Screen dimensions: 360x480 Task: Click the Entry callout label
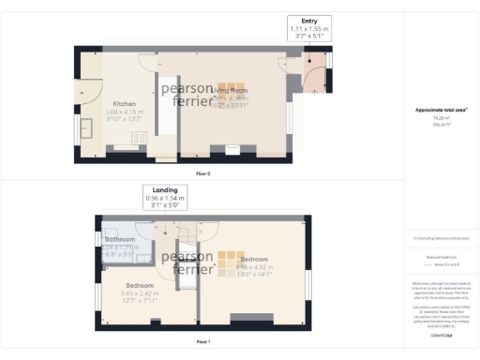point(309,21)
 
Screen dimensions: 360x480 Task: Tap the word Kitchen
point(127,103)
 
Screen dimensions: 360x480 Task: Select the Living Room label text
point(233,88)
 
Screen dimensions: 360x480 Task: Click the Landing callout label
point(165,190)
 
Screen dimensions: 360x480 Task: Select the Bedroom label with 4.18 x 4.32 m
point(255,258)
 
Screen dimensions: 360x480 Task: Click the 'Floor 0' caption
point(202,173)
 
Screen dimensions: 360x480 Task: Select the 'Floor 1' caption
point(202,342)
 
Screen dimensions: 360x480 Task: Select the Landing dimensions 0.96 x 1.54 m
point(165,199)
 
